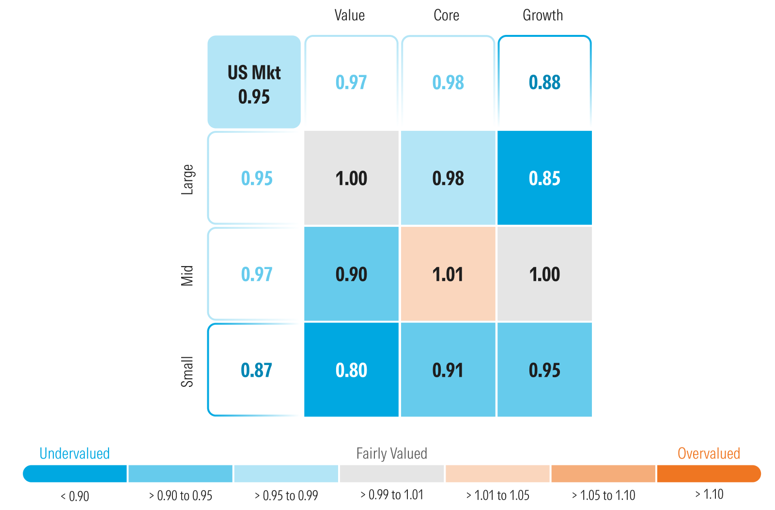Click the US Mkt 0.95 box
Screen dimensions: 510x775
[x=254, y=82]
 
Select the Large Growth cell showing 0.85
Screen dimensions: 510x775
[x=544, y=178]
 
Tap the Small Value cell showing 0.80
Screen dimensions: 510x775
[x=351, y=370]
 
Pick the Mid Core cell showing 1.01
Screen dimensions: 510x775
[x=448, y=274]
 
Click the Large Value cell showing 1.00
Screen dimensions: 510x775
[x=351, y=178]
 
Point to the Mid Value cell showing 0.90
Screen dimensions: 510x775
[x=351, y=274]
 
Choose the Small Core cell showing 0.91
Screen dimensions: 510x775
[x=448, y=370]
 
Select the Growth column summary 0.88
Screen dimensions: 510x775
[x=544, y=82]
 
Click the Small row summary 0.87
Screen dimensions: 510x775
[x=256, y=370]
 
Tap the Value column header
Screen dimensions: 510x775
[x=349, y=16]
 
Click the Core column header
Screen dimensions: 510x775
[x=446, y=16]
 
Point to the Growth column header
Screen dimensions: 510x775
[x=542, y=16]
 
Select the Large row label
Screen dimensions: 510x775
[x=187, y=179]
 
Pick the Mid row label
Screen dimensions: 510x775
[x=187, y=275]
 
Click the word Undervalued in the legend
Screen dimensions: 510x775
[x=75, y=453]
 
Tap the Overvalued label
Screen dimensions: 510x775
[x=709, y=453]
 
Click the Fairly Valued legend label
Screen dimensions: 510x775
[x=391, y=453]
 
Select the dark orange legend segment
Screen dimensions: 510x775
[x=708, y=474]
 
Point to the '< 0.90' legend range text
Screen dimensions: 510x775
[x=75, y=496]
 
